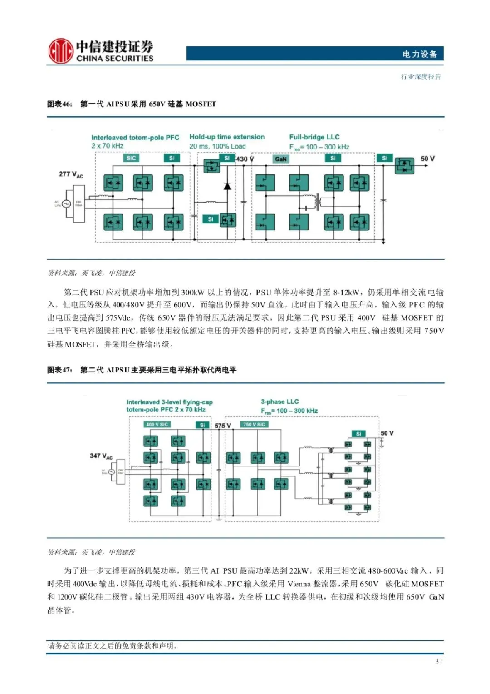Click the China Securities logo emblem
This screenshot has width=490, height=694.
click(61, 51)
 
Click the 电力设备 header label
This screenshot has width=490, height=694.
click(420, 54)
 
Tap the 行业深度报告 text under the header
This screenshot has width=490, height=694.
click(421, 77)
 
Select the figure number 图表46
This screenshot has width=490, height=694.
click(59, 104)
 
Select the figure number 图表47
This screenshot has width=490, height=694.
click(59, 370)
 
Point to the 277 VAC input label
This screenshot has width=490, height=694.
click(71, 174)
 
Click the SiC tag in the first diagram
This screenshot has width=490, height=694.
click(131, 158)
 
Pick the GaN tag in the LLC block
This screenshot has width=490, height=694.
click(281, 159)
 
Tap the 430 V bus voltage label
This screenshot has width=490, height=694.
click(245, 159)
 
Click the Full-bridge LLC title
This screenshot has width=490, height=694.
click(314, 137)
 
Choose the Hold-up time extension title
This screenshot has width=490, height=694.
click(227, 137)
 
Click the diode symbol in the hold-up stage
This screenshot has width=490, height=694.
click(227, 186)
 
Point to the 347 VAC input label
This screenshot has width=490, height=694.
click(101, 456)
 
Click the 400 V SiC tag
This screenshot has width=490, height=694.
click(157, 425)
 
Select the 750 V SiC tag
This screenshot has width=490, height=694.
click(254, 425)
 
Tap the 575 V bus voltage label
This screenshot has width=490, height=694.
click(223, 426)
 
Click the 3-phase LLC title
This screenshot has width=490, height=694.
click(279, 402)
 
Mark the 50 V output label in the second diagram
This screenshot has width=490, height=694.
click(387, 433)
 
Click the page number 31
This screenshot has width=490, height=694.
click(439, 661)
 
